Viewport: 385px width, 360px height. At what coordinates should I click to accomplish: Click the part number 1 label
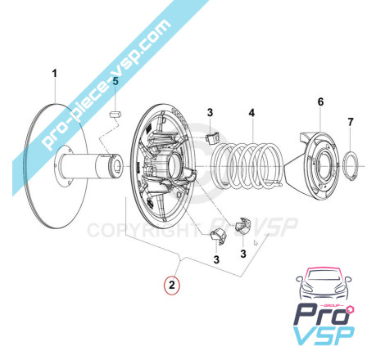click(55, 74)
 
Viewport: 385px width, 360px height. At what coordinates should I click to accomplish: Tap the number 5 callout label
click(115, 81)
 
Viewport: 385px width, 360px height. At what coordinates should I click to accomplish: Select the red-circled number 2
click(171, 285)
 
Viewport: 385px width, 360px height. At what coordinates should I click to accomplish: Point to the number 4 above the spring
click(251, 113)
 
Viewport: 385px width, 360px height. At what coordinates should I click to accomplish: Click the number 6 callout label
click(320, 102)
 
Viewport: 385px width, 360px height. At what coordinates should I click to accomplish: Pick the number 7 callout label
click(351, 122)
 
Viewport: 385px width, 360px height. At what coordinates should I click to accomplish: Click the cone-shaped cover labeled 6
click(314, 165)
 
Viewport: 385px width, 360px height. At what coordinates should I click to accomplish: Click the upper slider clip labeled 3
click(212, 138)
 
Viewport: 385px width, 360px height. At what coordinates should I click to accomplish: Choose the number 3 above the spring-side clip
click(210, 112)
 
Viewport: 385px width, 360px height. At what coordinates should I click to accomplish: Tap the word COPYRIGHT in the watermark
click(142, 231)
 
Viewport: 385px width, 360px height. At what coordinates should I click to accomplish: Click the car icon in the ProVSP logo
click(324, 284)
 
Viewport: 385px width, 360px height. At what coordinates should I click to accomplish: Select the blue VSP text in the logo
click(324, 335)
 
